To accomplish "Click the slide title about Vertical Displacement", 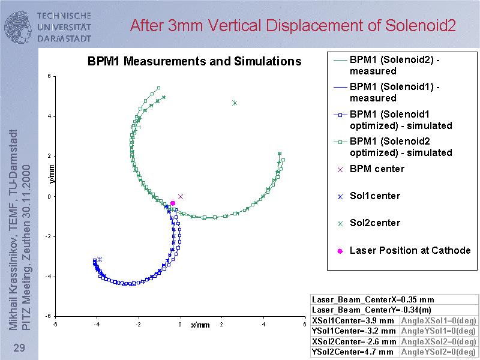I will coord(293,26).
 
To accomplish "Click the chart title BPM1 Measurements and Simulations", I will coord(194,61).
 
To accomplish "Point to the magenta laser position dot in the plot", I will coord(173,203).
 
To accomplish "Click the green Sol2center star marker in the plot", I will coord(235,103).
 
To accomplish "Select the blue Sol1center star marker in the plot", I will coord(100,259).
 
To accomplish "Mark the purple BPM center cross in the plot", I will coord(181,196).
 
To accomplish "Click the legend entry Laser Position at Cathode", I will coord(410,250).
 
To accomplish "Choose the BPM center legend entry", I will coord(377,169).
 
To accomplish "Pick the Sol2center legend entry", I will coord(374,223).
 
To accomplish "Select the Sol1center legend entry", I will coord(374,196).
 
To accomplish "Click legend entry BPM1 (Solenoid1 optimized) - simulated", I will coord(400,119).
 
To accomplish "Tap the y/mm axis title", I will coord(51,173).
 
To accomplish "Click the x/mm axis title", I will coord(200,325).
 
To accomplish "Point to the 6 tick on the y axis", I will coord(49,76).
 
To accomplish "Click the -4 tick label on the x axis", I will coord(96,325).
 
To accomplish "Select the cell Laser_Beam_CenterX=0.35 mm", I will coord(373,299).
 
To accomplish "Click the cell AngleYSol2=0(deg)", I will coord(439,352).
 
